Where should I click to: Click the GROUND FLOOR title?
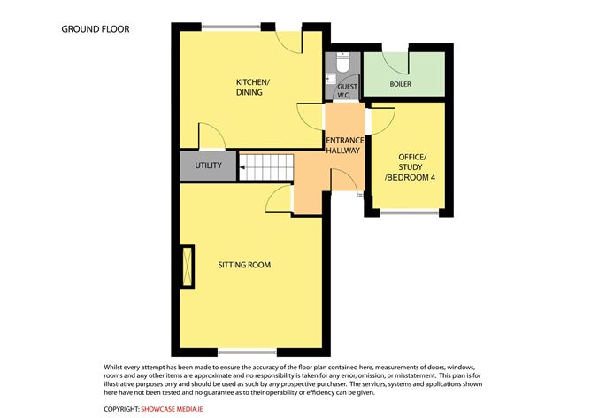pyautogui.click(x=95, y=29)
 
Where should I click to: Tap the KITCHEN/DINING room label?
pyautogui.click(x=252, y=88)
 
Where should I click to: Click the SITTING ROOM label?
pyautogui.click(x=244, y=265)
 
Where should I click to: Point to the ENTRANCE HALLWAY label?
pyautogui.click(x=342, y=146)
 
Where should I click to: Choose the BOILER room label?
pyautogui.click(x=400, y=85)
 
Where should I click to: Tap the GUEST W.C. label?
pyautogui.click(x=347, y=90)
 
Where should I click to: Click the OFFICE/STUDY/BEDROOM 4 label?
pyautogui.click(x=405, y=168)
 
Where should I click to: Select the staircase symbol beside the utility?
pyautogui.click(x=265, y=166)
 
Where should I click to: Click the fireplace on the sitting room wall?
pyautogui.click(x=187, y=267)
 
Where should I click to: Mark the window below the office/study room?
pyautogui.click(x=409, y=212)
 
